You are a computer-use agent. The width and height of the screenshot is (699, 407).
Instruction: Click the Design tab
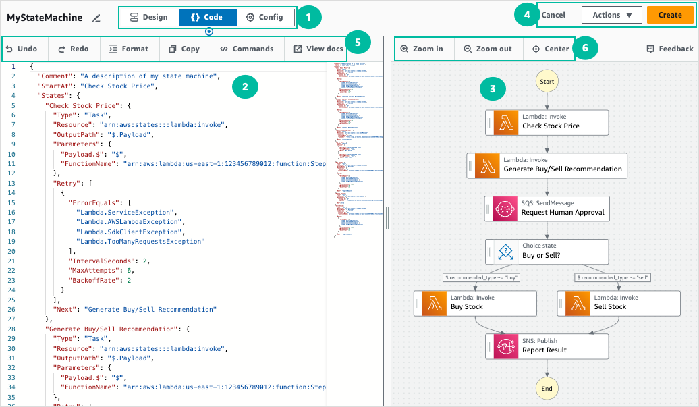click(x=148, y=17)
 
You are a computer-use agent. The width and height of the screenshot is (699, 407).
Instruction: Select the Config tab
click(x=264, y=17)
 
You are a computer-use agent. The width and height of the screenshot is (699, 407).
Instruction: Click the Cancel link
click(x=553, y=15)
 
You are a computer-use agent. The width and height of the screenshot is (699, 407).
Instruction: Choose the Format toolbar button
click(x=129, y=49)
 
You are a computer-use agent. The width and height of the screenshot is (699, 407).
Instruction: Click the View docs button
click(x=318, y=49)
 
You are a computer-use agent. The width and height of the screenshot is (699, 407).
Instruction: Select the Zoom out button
click(x=488, y=49)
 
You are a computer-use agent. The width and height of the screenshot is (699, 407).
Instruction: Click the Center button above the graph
click(x=551, y=49)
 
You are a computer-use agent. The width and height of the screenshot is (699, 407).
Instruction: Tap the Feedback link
click(x=669, y=49)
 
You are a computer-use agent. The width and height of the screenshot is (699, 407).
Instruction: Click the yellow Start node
click(x=547, y=82)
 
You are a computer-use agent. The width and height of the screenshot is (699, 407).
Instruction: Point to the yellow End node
click(x=547, y=388)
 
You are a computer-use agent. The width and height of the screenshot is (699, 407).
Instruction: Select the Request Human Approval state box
click(x=547, y=209)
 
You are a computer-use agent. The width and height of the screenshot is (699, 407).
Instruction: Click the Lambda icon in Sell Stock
click(x=578, y=303)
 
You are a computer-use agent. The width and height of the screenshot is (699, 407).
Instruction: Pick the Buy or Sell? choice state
click(x=547, y=252)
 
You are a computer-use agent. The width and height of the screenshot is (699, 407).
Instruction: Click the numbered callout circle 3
click(x=493, y=88)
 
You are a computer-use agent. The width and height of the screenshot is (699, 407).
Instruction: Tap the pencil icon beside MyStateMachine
click(x=96, y=18)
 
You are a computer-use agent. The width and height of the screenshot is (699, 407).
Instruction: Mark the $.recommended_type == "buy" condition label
click(x=481, y=277)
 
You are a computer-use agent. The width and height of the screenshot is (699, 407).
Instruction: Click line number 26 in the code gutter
click(x=13, y=310)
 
